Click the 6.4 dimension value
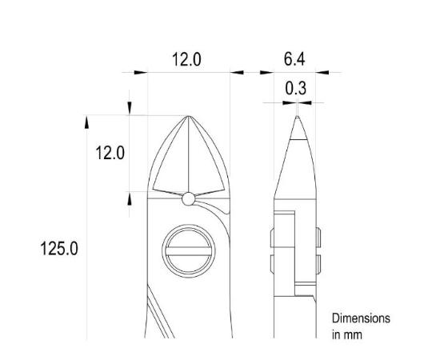pos(295,60)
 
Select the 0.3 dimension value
pos(295,88)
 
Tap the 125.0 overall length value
pos(59,248)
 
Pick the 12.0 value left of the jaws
pos(110,153)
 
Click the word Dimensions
pos(361,318)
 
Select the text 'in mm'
pos(347,334)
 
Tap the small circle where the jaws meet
pos(188,198)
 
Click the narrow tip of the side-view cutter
pos(296,120)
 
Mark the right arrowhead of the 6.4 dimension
pos(325,73)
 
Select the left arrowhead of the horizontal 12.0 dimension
pos(140,73)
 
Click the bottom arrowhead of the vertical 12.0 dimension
pos(130,198)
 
